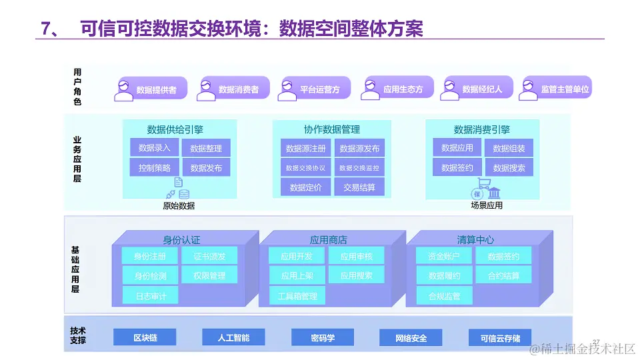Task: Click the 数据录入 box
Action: (x=154, y=148)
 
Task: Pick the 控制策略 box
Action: (x=154, y=168)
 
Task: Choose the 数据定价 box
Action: (x=305, y=187)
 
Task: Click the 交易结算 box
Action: (x=359, y=187)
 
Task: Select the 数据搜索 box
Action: (x=509, y=168)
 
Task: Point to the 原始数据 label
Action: (x=179, y=206)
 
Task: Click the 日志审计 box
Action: (x=151, y=295)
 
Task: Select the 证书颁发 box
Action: (x=209, y=256)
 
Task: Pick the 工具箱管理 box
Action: (x=297, y=296)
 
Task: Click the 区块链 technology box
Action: (x=145, y=338)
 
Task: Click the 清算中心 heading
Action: (x=475, y=240)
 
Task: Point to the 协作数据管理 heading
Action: (x=331, y=129)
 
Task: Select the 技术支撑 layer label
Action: (x=78, y=335)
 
